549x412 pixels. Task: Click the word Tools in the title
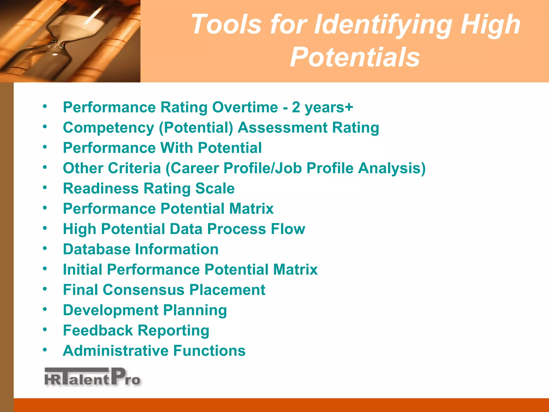click(226, 24)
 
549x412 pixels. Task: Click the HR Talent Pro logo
click(92, 377)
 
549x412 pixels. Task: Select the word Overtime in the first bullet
click(245, 107)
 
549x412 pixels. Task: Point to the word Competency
click(108, 128)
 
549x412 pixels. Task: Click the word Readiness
click(101, 188)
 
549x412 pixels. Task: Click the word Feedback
click(98, 330)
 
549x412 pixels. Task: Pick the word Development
click(110, 310)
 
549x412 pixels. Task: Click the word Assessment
click(283, 127)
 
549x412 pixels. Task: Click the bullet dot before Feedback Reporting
click(45, 329)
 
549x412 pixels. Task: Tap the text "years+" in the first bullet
click(329, 108)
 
